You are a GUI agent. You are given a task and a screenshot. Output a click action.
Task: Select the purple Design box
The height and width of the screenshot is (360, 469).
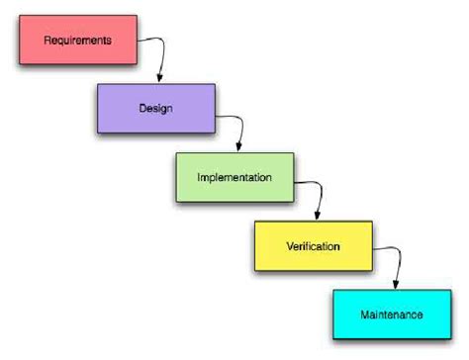[155, 108]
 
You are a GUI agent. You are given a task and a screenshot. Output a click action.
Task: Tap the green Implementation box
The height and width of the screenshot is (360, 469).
[234, 176]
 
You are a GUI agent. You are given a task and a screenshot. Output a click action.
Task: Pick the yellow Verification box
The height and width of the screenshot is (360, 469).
[314, 244]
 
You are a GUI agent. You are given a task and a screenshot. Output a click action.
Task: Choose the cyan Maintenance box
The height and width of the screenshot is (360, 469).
[392, 314]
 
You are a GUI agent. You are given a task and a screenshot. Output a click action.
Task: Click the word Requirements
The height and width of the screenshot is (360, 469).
[77, 41]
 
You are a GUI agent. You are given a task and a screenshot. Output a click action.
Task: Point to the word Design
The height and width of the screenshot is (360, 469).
[156, 109]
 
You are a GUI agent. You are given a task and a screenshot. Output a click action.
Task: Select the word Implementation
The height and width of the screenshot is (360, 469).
[234, 177]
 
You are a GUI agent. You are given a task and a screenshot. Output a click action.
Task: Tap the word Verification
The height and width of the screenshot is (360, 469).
[314, 245]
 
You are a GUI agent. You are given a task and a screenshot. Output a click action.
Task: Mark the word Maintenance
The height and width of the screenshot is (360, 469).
[392, 315]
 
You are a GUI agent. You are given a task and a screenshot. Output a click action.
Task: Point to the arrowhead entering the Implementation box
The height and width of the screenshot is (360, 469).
[237, 147]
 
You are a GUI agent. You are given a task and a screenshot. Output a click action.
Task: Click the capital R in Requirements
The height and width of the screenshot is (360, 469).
[48, 41]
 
